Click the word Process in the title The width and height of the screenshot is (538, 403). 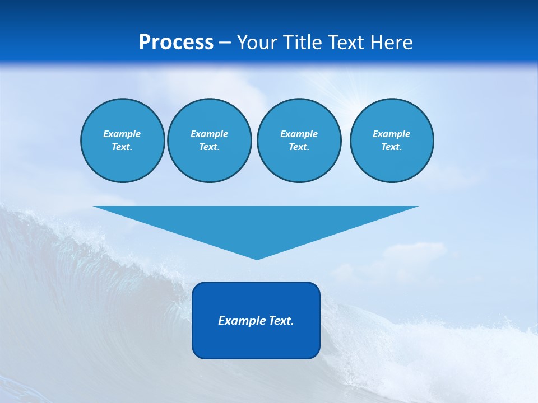[176, 43]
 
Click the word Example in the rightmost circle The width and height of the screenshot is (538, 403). [391, 134]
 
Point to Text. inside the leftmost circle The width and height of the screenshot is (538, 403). [122, 147]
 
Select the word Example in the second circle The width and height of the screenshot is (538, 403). [209, 134]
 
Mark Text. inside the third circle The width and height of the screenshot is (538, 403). [299, 147]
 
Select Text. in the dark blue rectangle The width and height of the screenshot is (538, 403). [281, 321]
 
